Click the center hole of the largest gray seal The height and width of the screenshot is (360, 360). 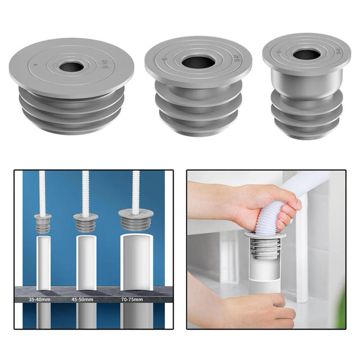point(72,67)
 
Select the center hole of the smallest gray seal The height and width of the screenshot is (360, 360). point(306,54)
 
